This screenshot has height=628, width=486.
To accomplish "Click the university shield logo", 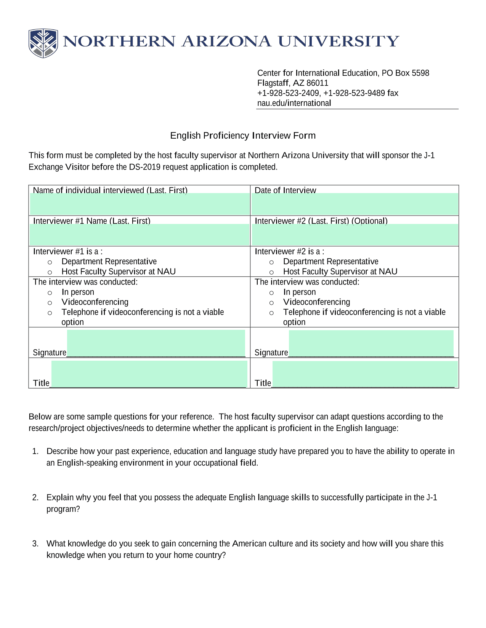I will point(43,43).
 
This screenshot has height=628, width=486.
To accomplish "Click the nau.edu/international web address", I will point(294,103).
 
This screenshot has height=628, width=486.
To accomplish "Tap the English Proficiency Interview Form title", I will point(243,136).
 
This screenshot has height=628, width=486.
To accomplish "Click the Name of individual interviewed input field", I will point(140,204).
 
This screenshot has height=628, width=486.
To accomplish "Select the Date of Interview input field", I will point(354,204).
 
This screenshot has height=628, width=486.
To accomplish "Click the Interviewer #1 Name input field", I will point(140,235).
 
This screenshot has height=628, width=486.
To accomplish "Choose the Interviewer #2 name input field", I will point(354,235).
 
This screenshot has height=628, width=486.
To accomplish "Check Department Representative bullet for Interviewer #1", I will point(50,262).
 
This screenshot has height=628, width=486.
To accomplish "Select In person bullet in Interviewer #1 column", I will point(50,293).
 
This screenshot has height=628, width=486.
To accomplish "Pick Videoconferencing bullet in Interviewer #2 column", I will point(271,303).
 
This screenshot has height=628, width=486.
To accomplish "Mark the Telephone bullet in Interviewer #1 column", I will point(50,313).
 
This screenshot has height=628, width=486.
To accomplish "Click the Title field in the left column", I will point(149,374).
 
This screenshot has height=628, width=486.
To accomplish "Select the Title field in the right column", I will point(365,374).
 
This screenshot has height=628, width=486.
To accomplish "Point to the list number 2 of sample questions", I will point(35,498).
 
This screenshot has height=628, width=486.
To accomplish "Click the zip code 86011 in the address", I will point(317,83).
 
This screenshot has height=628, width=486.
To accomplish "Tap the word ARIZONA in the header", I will point(226,42).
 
